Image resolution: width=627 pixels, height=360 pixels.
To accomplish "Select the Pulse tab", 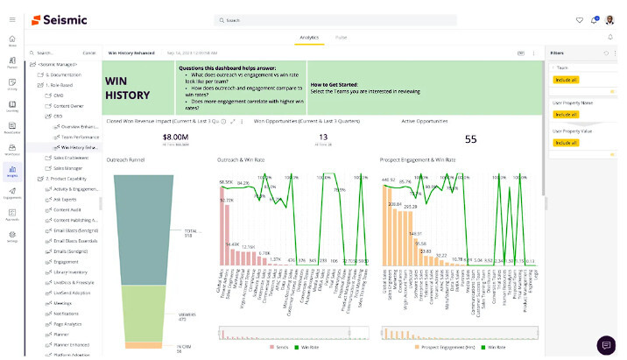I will tap(341, 38).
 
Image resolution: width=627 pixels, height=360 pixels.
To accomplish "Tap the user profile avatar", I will tap(610, 19).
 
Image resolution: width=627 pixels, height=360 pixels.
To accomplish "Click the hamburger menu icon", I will tap(11, 19).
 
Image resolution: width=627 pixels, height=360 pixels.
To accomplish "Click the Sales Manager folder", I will tap(67, 168).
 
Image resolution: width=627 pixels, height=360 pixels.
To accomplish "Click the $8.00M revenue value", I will tap(175, 137).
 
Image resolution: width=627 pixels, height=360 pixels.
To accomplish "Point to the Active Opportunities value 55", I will tap(470, 138).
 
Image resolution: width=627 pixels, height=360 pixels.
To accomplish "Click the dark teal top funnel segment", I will tap(148, 210).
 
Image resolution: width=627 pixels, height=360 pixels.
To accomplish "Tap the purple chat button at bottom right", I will tap(606, 344).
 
